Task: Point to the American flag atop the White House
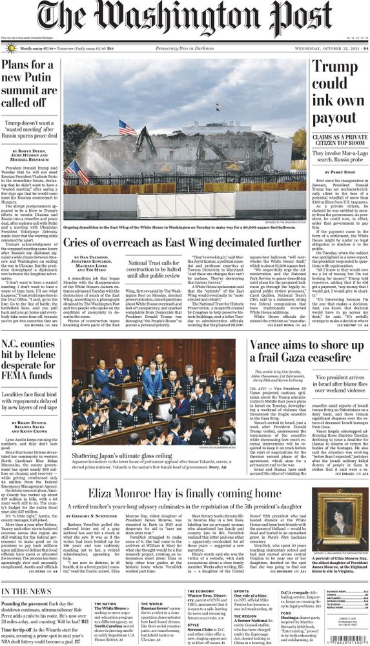point(127,127)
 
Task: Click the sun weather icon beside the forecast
point(10,48)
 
